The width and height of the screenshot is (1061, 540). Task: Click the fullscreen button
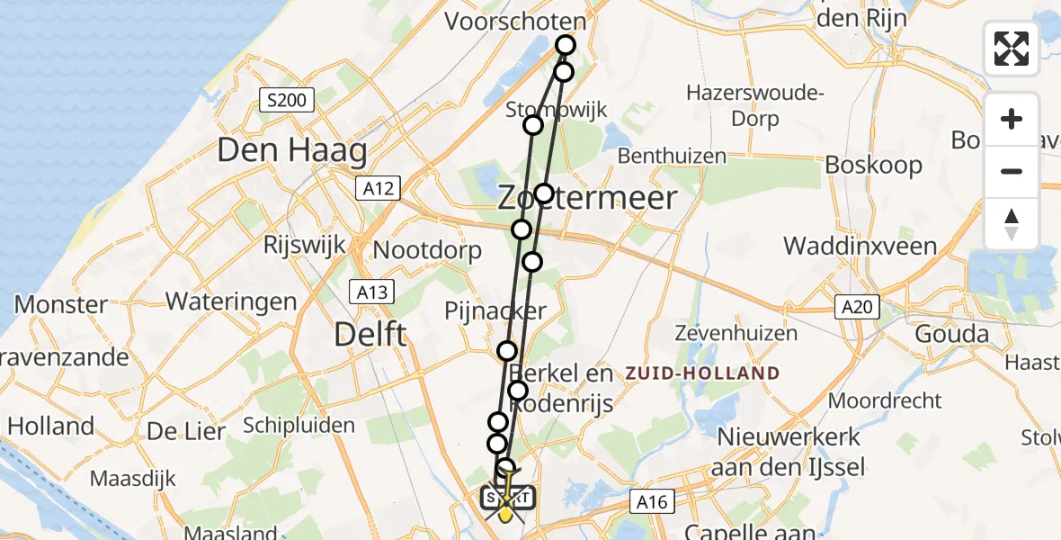[1012, 49]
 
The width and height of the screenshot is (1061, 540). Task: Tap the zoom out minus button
[1012, 171]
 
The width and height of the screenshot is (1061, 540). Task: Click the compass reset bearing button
[1012, 223]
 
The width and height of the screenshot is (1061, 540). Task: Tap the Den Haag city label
[292, 150]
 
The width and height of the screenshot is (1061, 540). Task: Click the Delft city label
[370, 335]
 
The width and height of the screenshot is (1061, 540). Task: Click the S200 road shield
[287, 100]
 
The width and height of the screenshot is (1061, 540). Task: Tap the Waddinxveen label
[860, 246]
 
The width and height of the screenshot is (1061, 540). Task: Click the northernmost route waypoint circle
[566, 45]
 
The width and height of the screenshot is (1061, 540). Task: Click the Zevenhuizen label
[739, 334]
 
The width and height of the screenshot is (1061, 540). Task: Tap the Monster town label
[61, 305]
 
